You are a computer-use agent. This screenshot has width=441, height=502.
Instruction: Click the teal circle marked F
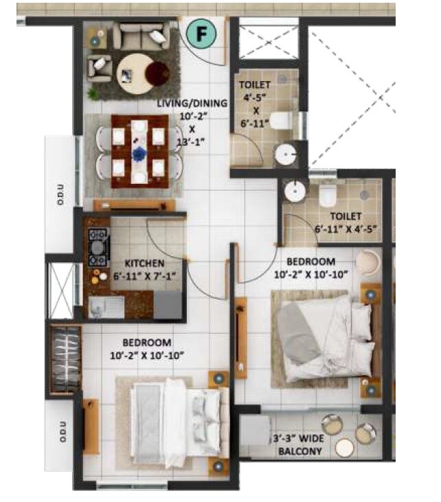click(203, 33)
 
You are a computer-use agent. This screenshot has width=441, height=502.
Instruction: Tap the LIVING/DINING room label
click(192, 103)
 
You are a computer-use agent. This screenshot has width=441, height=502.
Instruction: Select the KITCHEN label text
click(144, 263)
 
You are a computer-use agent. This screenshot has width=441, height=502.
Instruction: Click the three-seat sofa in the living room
click(141, 35)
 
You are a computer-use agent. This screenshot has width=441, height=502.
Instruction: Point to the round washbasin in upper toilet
click(285, 155)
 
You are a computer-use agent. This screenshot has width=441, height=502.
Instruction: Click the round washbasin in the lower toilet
click(295, 192)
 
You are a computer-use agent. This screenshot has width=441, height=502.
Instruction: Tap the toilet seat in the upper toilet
click(281, 121)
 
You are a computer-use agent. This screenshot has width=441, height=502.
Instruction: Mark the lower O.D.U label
click(60, 437)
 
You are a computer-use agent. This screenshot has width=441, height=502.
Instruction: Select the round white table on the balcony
click(345, 448)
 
